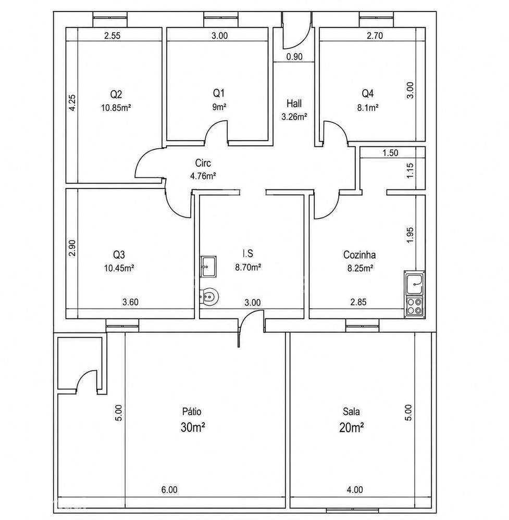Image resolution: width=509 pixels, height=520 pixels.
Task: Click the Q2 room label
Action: [116, 95]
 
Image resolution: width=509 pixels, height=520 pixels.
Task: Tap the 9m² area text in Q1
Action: [219, 107]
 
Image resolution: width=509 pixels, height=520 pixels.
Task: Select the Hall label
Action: [294, 104]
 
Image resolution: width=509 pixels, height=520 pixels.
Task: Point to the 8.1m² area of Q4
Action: [368, 107]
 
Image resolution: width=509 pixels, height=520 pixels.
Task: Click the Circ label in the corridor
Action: [203, 163]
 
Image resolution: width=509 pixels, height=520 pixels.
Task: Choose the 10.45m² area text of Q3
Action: [119, 268]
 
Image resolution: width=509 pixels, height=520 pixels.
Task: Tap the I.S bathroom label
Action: [247, 253]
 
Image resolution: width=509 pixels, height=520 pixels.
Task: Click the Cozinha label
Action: [359, 255]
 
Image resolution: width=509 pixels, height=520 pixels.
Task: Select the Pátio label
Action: [192, 411]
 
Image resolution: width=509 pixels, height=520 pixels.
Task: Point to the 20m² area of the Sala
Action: [352, 428]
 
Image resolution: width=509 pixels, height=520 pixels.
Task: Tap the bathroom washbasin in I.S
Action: [208, 266]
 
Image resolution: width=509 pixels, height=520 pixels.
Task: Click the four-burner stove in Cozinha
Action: [415, 307]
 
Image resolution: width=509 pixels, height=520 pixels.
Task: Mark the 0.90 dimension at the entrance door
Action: [294, 57]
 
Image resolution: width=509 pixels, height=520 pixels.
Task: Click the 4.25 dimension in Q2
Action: [73, 103]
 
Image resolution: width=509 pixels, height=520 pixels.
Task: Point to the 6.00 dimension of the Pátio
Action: [169, 489]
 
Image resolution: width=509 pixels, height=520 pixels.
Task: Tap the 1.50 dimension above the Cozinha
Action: [390, 153]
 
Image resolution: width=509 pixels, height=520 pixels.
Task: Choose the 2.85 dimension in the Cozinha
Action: [358, 302]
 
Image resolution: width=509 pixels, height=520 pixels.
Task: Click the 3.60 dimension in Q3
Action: [130, 302]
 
